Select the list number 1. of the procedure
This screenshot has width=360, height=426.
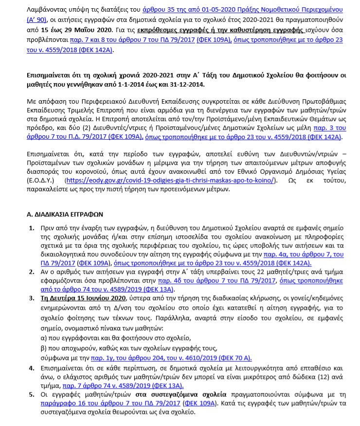coord(32,228)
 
